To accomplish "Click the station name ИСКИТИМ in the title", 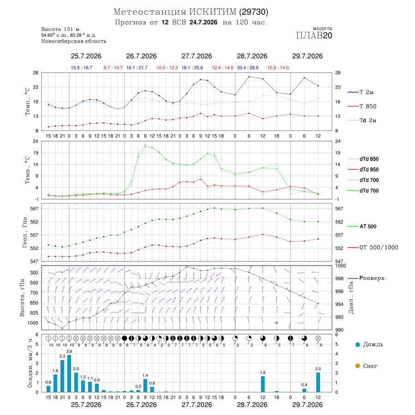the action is [x=213, y=12].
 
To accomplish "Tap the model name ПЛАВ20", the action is [x=314, y=36].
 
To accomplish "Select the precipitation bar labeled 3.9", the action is [x=69, y=373].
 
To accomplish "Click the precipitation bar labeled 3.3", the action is [x=62, y=376].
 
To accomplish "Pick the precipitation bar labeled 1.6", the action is [x=263, y=384].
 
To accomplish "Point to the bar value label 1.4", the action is [x=145, y=375].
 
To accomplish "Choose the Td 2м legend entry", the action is [x=362, y=120].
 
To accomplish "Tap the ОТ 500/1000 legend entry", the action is [x=373, y=248].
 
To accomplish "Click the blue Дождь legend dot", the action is [x=357, y=344].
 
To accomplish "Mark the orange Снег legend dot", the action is [x=357, y=366].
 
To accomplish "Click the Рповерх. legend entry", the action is [x=367, y=278].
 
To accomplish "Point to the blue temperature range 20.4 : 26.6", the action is [x=248, y=68].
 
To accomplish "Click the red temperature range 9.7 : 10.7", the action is [x=113, y=68].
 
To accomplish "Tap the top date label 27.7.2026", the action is [x=196, y=56].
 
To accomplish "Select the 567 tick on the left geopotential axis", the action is [x=35, y=208].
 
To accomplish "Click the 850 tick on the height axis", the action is [x=34, y=303].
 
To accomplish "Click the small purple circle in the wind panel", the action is [x=277, y=323].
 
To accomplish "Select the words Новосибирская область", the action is [x=74, y=41].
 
